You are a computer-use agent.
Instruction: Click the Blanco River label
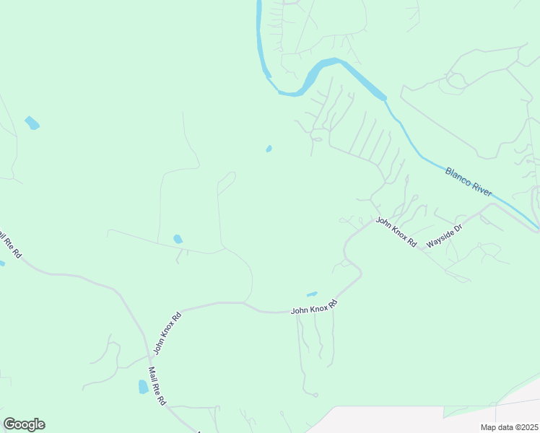coord(469,182)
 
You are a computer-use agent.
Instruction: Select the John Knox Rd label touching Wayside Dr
coord(396,232)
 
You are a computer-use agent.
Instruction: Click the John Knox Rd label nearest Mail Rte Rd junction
coord(167,333)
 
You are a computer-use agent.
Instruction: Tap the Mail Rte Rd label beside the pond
coord(157,386)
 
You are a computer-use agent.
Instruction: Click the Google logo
coord(24,424)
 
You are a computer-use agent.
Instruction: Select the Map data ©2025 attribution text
coord(509,427)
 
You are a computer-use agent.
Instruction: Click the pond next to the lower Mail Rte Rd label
coord(143,387)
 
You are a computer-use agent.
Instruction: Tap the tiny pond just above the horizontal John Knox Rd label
coord(312,294)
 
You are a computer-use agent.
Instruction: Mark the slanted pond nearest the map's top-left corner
coord(32,123)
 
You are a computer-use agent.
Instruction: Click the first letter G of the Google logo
coord(9,424)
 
